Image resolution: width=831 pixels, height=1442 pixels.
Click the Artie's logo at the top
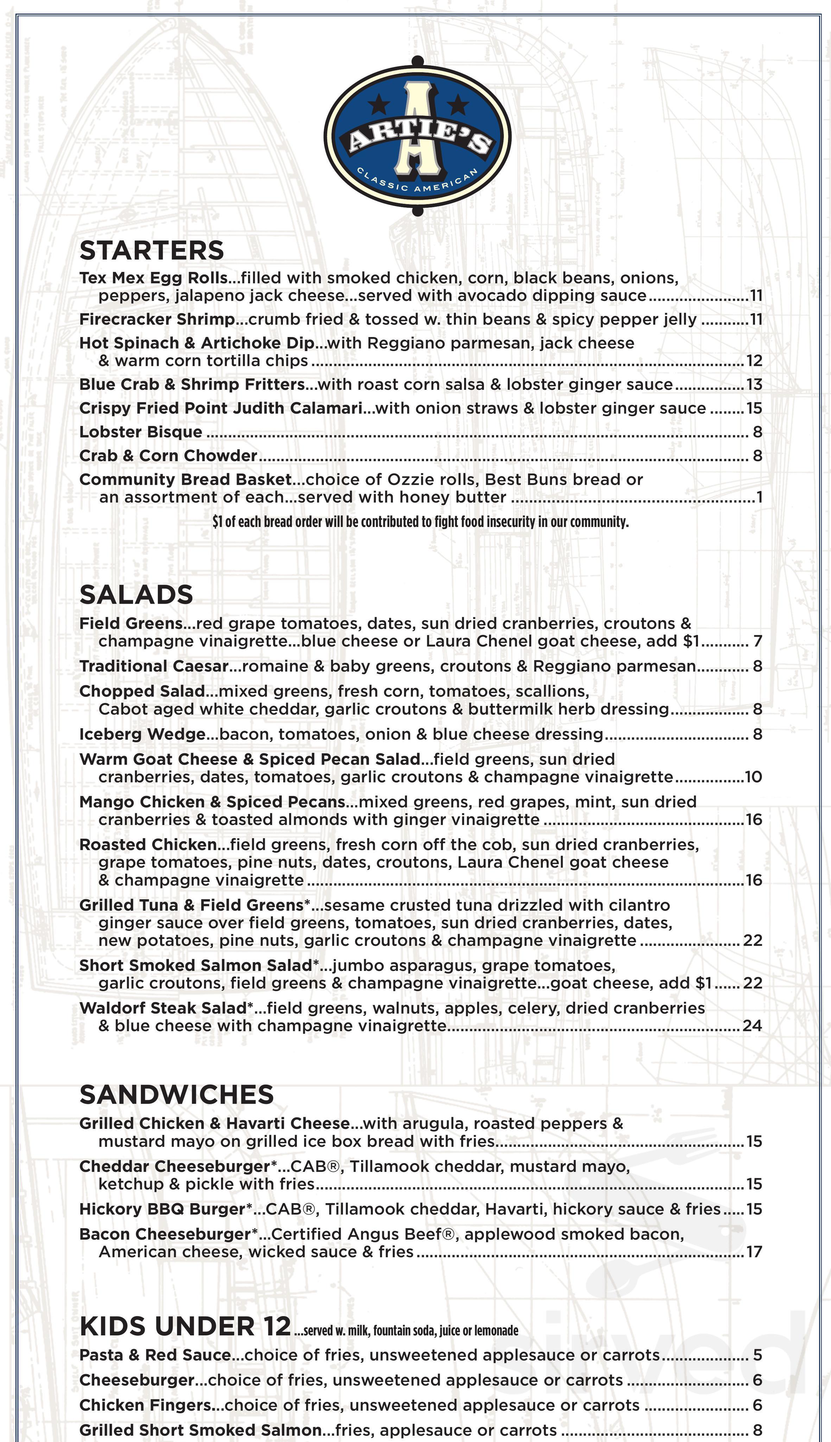point(417,137)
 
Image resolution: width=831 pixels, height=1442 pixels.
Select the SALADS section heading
point(137,595)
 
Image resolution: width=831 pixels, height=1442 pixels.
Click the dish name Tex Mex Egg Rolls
point(153,278)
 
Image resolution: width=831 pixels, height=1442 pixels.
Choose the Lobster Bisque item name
point(140,432)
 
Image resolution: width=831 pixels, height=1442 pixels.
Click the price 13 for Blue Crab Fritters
point(754,385)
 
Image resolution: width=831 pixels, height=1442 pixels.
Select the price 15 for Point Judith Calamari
point(754,408)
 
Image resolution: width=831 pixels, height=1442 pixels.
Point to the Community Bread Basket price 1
point(759,497)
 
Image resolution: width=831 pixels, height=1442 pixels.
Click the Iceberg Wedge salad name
point(142,735)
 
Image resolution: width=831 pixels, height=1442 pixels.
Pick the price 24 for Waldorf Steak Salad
point(752,1026)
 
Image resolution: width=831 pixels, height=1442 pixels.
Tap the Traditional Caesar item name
point(153,667)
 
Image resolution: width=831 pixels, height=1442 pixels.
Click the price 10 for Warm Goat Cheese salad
point(753,777)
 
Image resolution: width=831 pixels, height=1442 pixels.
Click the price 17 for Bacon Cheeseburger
point(754,1252)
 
